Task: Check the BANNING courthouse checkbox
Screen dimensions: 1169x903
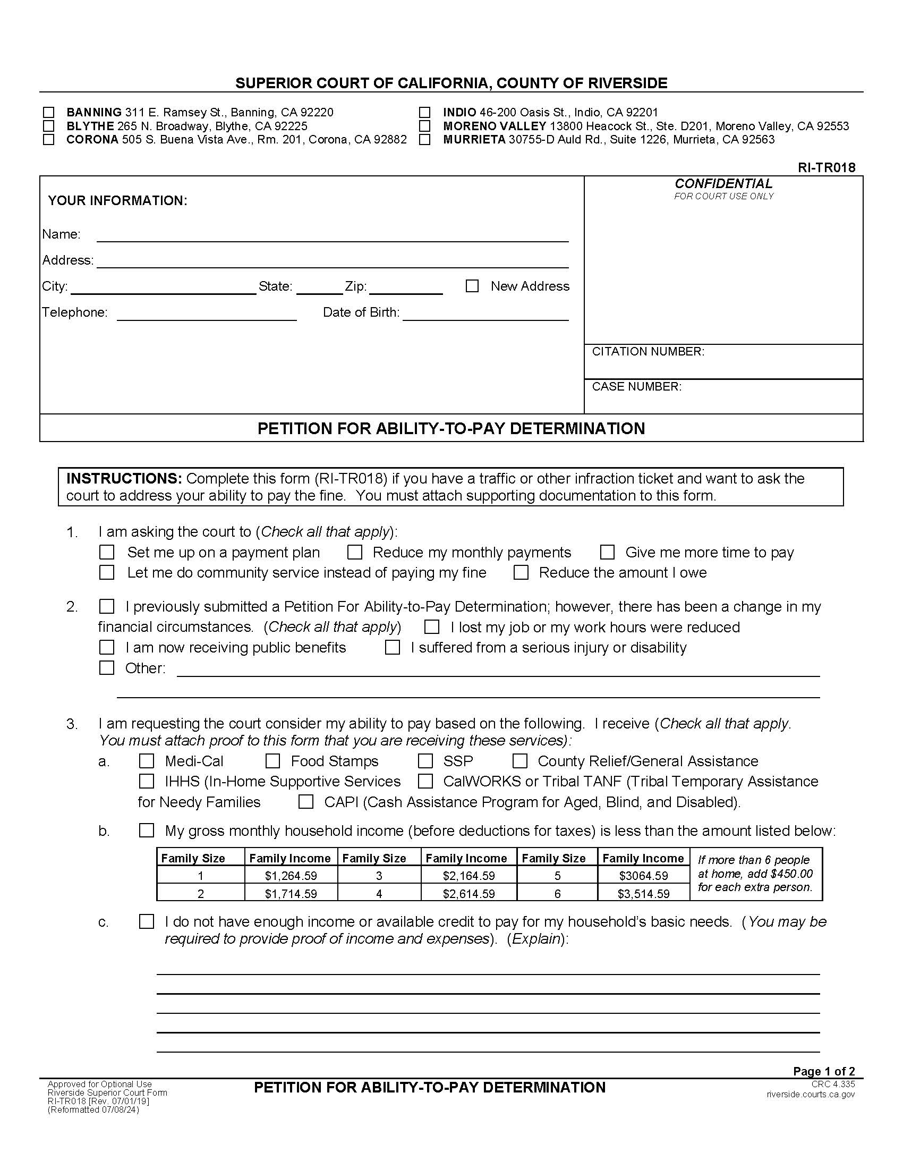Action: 49,113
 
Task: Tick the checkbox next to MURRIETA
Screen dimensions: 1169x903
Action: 425,140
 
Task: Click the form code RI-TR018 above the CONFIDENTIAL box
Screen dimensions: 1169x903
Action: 827,167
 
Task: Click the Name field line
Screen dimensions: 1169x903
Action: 331,235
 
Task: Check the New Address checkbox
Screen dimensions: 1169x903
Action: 472,286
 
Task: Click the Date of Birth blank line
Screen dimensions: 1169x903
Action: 485,314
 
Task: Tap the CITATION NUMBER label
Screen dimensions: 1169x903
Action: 648,352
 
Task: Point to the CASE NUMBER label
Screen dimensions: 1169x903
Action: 636,386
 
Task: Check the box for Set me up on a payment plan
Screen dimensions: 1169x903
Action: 107,552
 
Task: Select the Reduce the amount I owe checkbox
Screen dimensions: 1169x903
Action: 521,572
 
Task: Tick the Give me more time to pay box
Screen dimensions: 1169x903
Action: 607,552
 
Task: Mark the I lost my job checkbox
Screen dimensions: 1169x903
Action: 431,627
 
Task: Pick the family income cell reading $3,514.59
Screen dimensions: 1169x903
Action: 643,893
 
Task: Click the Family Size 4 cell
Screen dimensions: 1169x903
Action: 379,893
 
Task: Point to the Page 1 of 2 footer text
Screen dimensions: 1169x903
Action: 824,1071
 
